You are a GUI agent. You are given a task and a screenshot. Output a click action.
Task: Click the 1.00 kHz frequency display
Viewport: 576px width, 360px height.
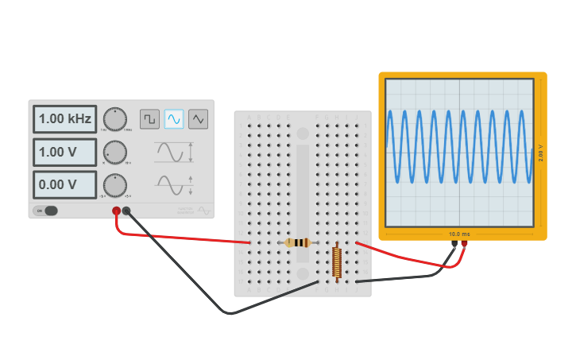(x=64, y=119)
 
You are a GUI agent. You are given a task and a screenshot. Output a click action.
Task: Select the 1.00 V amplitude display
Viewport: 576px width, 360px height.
(x=64, y=152)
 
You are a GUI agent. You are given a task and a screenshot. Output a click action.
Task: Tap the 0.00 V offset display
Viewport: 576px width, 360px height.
(x=64, y=184)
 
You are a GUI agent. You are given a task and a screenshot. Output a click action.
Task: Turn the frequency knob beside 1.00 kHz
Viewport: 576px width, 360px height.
(x=115, y=119)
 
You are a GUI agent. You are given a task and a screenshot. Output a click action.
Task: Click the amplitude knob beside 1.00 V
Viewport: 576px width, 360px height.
(x=115, y=152)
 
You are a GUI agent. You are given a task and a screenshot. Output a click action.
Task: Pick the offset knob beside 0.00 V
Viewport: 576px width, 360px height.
(x=115, y=184)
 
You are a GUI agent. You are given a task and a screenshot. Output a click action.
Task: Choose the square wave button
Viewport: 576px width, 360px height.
(x=149, y=119)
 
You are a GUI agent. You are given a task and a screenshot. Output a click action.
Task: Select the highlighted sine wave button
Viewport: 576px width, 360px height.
(x=174, y=119)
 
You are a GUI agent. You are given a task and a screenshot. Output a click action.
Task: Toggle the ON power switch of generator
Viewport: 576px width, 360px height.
(x=47, y=211)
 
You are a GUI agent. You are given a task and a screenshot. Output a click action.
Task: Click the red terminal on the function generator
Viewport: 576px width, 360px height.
(x=116, y=211)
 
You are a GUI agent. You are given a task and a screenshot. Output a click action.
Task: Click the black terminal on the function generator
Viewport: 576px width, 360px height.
(x=126, y=211)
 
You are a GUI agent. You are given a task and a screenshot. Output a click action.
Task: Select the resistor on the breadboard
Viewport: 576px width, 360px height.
(x=298, y=242)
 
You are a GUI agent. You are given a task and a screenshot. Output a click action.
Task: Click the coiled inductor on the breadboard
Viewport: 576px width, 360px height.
(x=337, y=261)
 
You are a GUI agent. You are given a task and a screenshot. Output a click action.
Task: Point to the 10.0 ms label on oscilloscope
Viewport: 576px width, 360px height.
(x=459, y=234)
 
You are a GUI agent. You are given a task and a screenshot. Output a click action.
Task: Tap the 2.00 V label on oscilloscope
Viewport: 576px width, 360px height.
(x=541, y=153)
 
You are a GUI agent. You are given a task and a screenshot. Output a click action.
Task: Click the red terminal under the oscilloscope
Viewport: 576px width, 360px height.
(x=464, y=244)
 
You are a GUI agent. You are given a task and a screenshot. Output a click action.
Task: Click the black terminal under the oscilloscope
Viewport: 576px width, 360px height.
(x=454, y=244)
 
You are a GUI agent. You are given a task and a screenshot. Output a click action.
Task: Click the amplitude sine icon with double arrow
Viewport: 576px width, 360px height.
(x=174, y=152)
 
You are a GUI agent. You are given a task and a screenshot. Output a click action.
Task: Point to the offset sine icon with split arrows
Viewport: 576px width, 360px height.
(x=174, y=184)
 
